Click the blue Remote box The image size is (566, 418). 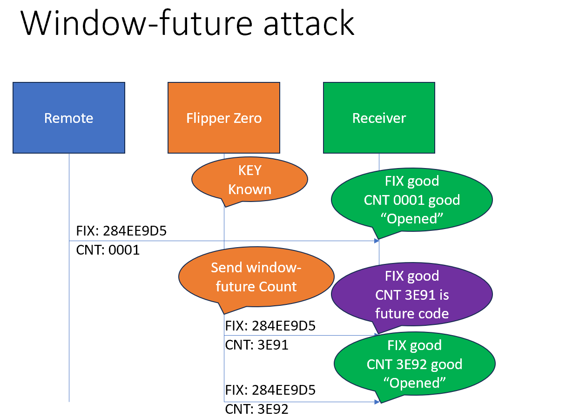tap(69, 118)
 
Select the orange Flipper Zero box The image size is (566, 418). tap(224, 118)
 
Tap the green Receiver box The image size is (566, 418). tap(379, 118)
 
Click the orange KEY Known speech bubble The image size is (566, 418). tap(249, 180)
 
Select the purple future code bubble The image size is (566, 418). tap(411, 295)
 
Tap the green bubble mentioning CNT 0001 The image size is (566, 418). tap(411, 200)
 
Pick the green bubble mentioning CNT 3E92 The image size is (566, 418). tap(414, 364)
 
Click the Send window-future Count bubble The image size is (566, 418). tap(256, 277)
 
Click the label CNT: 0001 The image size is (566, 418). tap(108, 250)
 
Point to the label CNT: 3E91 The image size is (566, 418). tap(256, 345)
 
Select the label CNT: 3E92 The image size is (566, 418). tap(256, 409)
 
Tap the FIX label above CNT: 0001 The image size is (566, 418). tap(121, 231)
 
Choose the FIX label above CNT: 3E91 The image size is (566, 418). tap(270, 326)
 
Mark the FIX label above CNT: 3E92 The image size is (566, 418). tap(270, 390)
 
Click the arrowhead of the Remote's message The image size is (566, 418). tap(376, 241)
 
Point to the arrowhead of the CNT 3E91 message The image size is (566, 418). tap(376, 335)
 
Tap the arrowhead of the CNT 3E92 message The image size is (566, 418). tap(376, 401)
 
